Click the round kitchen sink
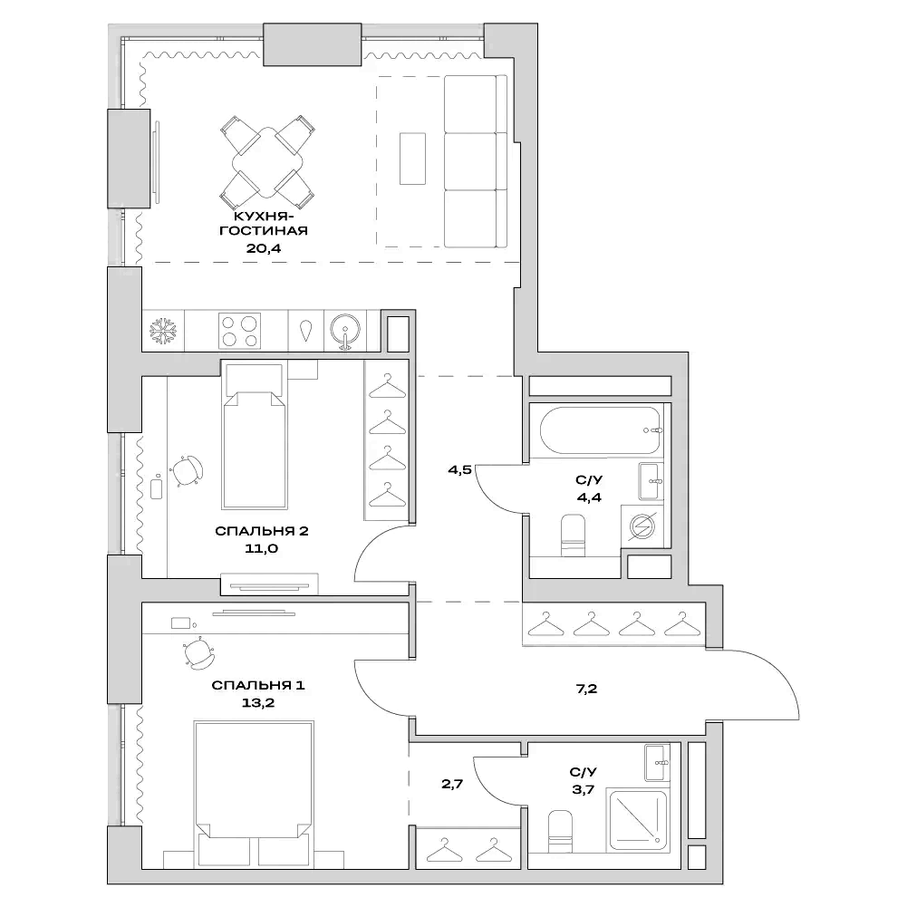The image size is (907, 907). coord(345,330)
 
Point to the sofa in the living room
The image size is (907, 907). coord(474,161)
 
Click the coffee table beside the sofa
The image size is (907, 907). coord(412,159)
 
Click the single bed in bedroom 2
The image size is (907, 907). coord(255,444)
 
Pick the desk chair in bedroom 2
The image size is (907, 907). coord(188,469)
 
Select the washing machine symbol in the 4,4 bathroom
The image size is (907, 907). coord(642,527)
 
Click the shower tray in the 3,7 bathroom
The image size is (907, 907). coord(639,821)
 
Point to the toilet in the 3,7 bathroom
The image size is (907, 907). coord(562,829)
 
